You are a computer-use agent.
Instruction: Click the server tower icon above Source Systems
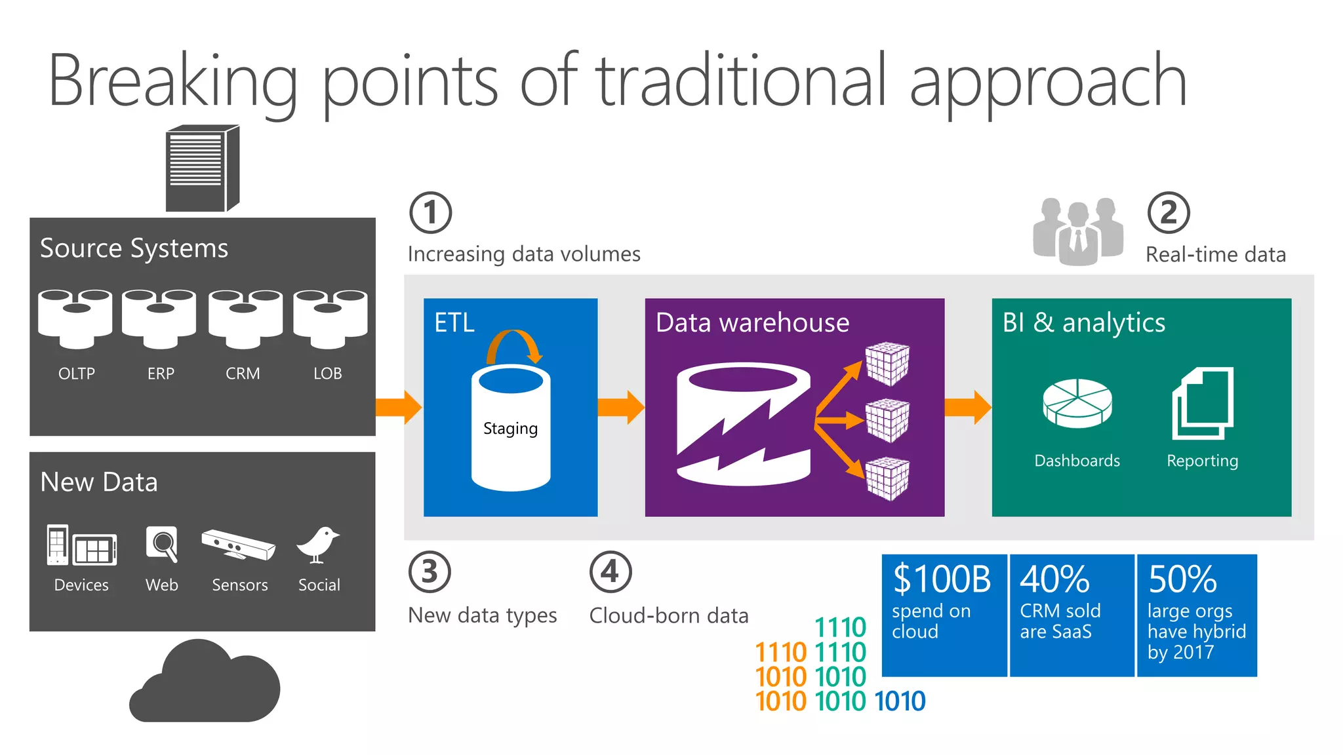pos(202,168)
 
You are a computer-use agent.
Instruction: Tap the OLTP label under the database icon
pos(77,374)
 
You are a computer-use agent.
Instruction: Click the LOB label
pos(327,374)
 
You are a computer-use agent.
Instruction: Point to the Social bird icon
pos(318,545)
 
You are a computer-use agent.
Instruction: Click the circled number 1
pos(430,212)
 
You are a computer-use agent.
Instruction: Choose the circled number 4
pos(610,571)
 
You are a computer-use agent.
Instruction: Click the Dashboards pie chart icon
pos(1077,404)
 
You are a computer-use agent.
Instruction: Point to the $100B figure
pos(942,579)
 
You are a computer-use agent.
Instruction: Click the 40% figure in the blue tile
pos(1054,579)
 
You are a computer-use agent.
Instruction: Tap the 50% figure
pos(1182,579)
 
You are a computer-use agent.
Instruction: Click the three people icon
pos(1077,231)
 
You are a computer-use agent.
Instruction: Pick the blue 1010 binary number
pos(900,701)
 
